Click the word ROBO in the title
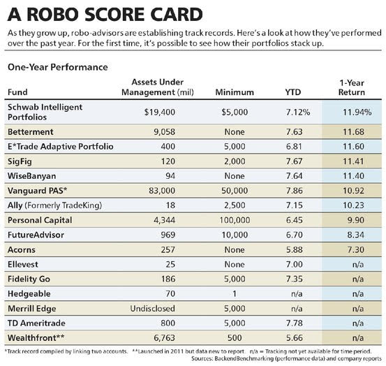click(54, 14)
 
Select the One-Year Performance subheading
click(58, 67)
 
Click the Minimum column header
click(235, 92)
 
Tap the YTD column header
click(293, 92)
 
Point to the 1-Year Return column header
click(352, 87)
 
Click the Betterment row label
click(31, 132)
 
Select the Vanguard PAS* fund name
click(38, 191)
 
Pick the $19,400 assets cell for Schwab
click(160, 112)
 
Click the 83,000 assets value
click(162, 191)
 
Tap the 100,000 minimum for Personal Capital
click(235, 220)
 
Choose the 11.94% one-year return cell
click(357, 112)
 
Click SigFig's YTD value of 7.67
click(294, 161)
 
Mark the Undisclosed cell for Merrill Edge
click(153, 308)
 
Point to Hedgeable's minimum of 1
click(235, 293)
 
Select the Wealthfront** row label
click(36, 337)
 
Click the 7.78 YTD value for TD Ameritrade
click(294, 323)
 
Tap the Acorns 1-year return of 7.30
click(356, 249)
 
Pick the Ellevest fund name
click(23, 264)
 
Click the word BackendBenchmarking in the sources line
click(244, 358)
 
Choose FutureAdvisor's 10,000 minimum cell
click(235, 235)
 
